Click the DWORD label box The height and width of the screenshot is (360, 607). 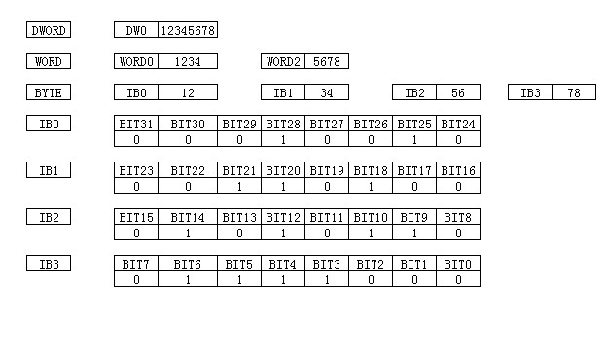click(49, 30)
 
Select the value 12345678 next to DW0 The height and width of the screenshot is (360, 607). click(188, 30)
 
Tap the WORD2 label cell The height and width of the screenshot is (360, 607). click(283, 61)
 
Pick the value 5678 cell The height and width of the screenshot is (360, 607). click(327, 61)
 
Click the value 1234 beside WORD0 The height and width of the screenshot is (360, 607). click(188, 61)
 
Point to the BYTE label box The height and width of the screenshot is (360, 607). click(49, 92)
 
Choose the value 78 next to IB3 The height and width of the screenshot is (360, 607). click(574, 92)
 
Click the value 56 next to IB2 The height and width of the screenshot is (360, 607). click(458, 92)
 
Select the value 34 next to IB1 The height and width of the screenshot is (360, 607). click(327, 92)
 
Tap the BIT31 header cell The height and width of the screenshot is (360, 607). click(136, 124)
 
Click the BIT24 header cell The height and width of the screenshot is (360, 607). click(458, 124)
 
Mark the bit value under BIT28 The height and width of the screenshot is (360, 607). click(283, 139)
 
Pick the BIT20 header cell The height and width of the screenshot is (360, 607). click(283, 170)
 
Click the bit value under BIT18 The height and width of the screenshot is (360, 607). click(371, 186)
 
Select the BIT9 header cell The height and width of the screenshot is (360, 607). click(414, 217)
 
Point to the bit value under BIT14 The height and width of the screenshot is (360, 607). click(188, 233)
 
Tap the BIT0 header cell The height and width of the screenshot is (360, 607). click(458, 264)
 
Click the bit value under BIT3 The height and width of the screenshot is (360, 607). click(327, 279)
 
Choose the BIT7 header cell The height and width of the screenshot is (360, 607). click(136, 264)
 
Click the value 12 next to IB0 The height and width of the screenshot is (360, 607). click(188, 92)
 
